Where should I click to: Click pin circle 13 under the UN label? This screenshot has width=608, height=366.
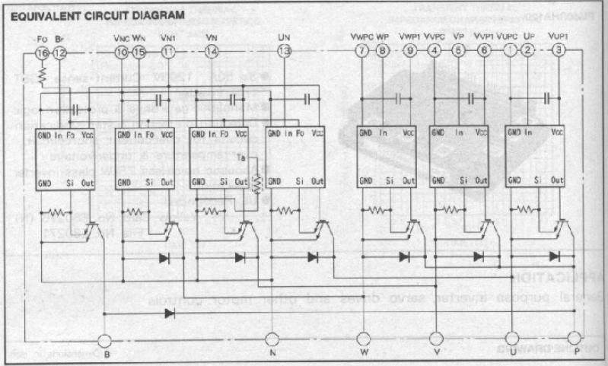point(285,52)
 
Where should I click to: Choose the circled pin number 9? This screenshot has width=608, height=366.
point(410,51)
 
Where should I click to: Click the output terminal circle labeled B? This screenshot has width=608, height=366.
point(107,340)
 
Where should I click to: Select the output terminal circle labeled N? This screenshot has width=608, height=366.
point(272,339)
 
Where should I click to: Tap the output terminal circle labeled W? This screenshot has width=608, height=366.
point(362,339)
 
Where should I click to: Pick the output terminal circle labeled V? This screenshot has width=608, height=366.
point(435,339)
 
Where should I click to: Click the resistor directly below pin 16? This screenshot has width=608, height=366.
point(43,74)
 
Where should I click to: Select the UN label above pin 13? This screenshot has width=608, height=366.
point(284,37)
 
